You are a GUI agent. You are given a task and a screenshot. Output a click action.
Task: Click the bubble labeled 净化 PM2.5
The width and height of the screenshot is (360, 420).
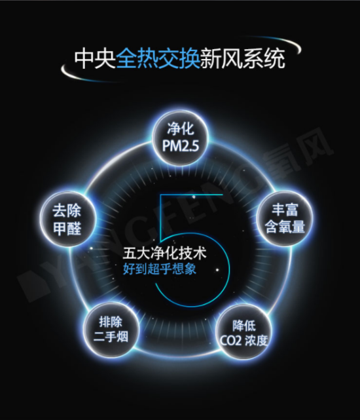click(x=181, y=138)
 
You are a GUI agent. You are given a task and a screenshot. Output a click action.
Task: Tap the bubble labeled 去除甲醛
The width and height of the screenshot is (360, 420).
click(x=67, y=219)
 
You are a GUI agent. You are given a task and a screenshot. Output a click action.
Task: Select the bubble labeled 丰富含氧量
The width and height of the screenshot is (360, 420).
click(x=285, y=218)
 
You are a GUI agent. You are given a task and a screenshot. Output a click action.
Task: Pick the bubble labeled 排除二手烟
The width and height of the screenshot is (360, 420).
click(x=111, y=330)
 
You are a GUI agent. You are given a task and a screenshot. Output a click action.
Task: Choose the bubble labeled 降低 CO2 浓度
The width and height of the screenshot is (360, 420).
click(x=244, y=332)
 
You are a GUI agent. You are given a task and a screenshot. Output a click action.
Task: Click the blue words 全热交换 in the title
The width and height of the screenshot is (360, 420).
click(x=158, y=58)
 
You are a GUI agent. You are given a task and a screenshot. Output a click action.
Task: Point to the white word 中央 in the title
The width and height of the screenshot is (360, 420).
click(x=95, y=58)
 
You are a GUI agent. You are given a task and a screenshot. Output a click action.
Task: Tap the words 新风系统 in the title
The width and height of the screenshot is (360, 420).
click(x=242, y=58)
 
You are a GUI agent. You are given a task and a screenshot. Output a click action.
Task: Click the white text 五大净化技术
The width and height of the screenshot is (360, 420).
click(x=164, y=253)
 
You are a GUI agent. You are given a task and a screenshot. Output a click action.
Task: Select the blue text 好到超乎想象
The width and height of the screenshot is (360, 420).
click(x=160, y=269)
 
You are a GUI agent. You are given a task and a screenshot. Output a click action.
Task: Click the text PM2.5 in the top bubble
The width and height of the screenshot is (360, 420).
click(x=181, y=146)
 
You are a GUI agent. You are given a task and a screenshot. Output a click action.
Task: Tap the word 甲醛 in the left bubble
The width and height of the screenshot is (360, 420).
click(x=67, y=229)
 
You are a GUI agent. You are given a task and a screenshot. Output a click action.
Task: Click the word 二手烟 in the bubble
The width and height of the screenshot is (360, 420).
click(x=111, y=337)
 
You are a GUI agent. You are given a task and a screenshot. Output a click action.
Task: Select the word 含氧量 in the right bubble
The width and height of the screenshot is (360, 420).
click(x=285, y=227)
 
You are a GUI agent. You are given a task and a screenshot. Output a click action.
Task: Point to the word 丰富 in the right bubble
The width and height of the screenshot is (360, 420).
click(x=285, y=210)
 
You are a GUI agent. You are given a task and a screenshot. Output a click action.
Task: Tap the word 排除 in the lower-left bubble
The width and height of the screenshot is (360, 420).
click(x=111, y=322)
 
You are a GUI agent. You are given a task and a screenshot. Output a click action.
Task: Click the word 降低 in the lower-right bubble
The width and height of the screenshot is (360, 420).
click(x=244, y=326)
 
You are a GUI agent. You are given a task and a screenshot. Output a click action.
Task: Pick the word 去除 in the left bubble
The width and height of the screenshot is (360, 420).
click(x=67, y=211)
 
